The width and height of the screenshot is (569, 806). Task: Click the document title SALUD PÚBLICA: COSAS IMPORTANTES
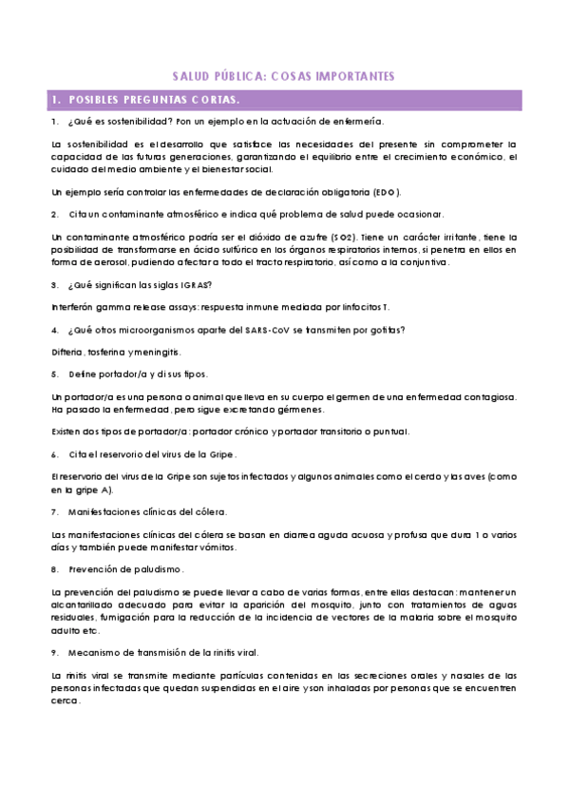[x=283, y=75]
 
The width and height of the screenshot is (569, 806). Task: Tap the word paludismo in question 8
[x=152, y=569]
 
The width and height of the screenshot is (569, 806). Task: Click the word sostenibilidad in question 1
[x=128, y=123]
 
